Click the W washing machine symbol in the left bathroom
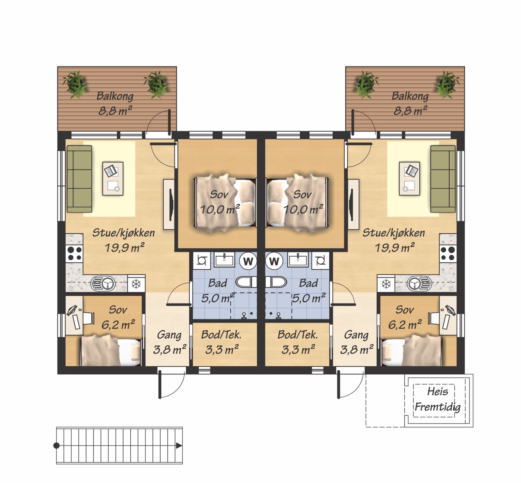point(248,261)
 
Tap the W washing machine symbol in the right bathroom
point(274,261)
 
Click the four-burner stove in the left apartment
point(74,253)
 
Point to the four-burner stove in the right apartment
point(448,253)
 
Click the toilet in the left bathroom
point(246,282)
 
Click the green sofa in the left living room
point(79,179)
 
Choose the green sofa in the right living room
point(443,179)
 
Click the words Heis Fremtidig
point(437,399)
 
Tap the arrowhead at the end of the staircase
point(179,445)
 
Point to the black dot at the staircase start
point(56,445)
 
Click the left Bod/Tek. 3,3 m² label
point(221,342)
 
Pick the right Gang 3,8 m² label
point(356,342)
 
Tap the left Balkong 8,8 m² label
point(115,103)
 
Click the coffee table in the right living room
point(409,179)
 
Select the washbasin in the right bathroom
point(298,260)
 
